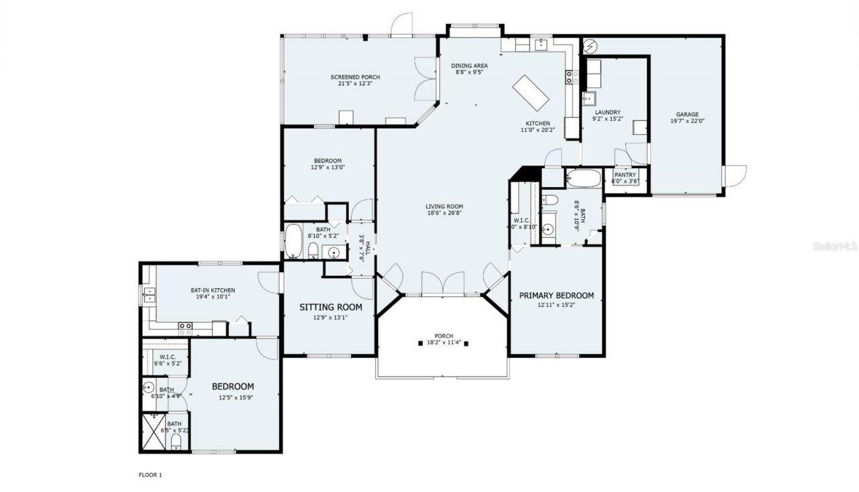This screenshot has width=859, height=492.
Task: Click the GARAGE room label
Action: point(687,114)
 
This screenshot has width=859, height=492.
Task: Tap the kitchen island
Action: point(531,93)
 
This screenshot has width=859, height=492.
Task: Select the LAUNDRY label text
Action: point(606,112)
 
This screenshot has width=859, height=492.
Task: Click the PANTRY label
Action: point(625,175)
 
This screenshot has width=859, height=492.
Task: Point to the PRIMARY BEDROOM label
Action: point(556,296)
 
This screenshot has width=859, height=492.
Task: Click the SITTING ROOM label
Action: point(330,307)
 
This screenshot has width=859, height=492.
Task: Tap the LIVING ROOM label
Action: point(444,206)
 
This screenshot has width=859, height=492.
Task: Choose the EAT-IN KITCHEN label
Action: point(213,290)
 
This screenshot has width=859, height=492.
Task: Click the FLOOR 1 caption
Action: point(150,475)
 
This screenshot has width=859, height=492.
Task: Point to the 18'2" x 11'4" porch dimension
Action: point(443,343)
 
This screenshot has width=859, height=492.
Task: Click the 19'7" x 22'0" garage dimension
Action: point(687,121)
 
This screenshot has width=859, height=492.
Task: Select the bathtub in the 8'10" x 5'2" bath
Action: point(293,242)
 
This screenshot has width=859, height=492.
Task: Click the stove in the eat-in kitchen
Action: point(185,328)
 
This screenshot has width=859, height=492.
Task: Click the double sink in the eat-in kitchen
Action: point(148,295)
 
